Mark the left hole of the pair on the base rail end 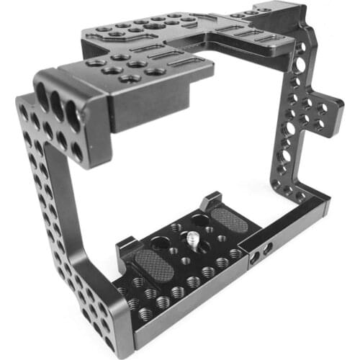[258, 253]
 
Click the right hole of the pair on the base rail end [268, 248]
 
